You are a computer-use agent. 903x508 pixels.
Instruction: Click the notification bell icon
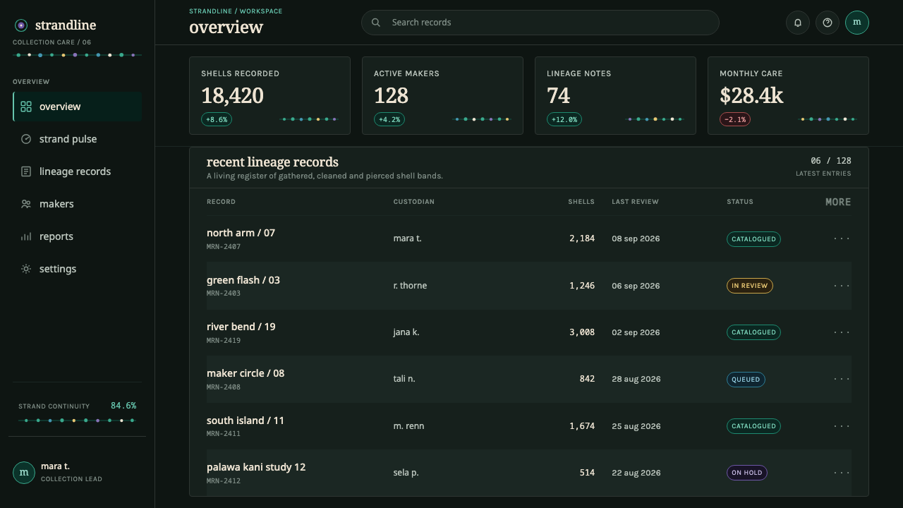tap(797, 23)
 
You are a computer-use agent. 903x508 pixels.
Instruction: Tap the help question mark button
tap(828, 23)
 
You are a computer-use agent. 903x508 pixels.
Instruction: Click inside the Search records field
tap(540, 23)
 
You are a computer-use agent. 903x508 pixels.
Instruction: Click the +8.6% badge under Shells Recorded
tap(217, 119)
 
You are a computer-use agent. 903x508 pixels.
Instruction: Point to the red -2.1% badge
tap(735, 119)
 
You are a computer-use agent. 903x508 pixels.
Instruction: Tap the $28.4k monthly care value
tap(751, 96)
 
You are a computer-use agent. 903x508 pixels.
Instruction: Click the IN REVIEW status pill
tap(749, 286)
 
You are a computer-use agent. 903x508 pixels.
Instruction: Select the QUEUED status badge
tap(746, 380)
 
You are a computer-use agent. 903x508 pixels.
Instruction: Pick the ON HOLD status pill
tap(746, 473)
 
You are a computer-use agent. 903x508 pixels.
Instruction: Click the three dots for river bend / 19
tap(842, 332)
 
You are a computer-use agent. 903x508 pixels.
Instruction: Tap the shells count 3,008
tap(582, 332)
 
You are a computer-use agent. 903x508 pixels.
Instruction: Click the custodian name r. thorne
tap(410, 286)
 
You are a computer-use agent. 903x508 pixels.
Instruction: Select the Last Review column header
tap(635, 202)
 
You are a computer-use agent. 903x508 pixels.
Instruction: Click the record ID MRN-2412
tap(224, 480)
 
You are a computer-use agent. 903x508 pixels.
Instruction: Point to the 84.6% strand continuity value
tap(123, 406)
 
